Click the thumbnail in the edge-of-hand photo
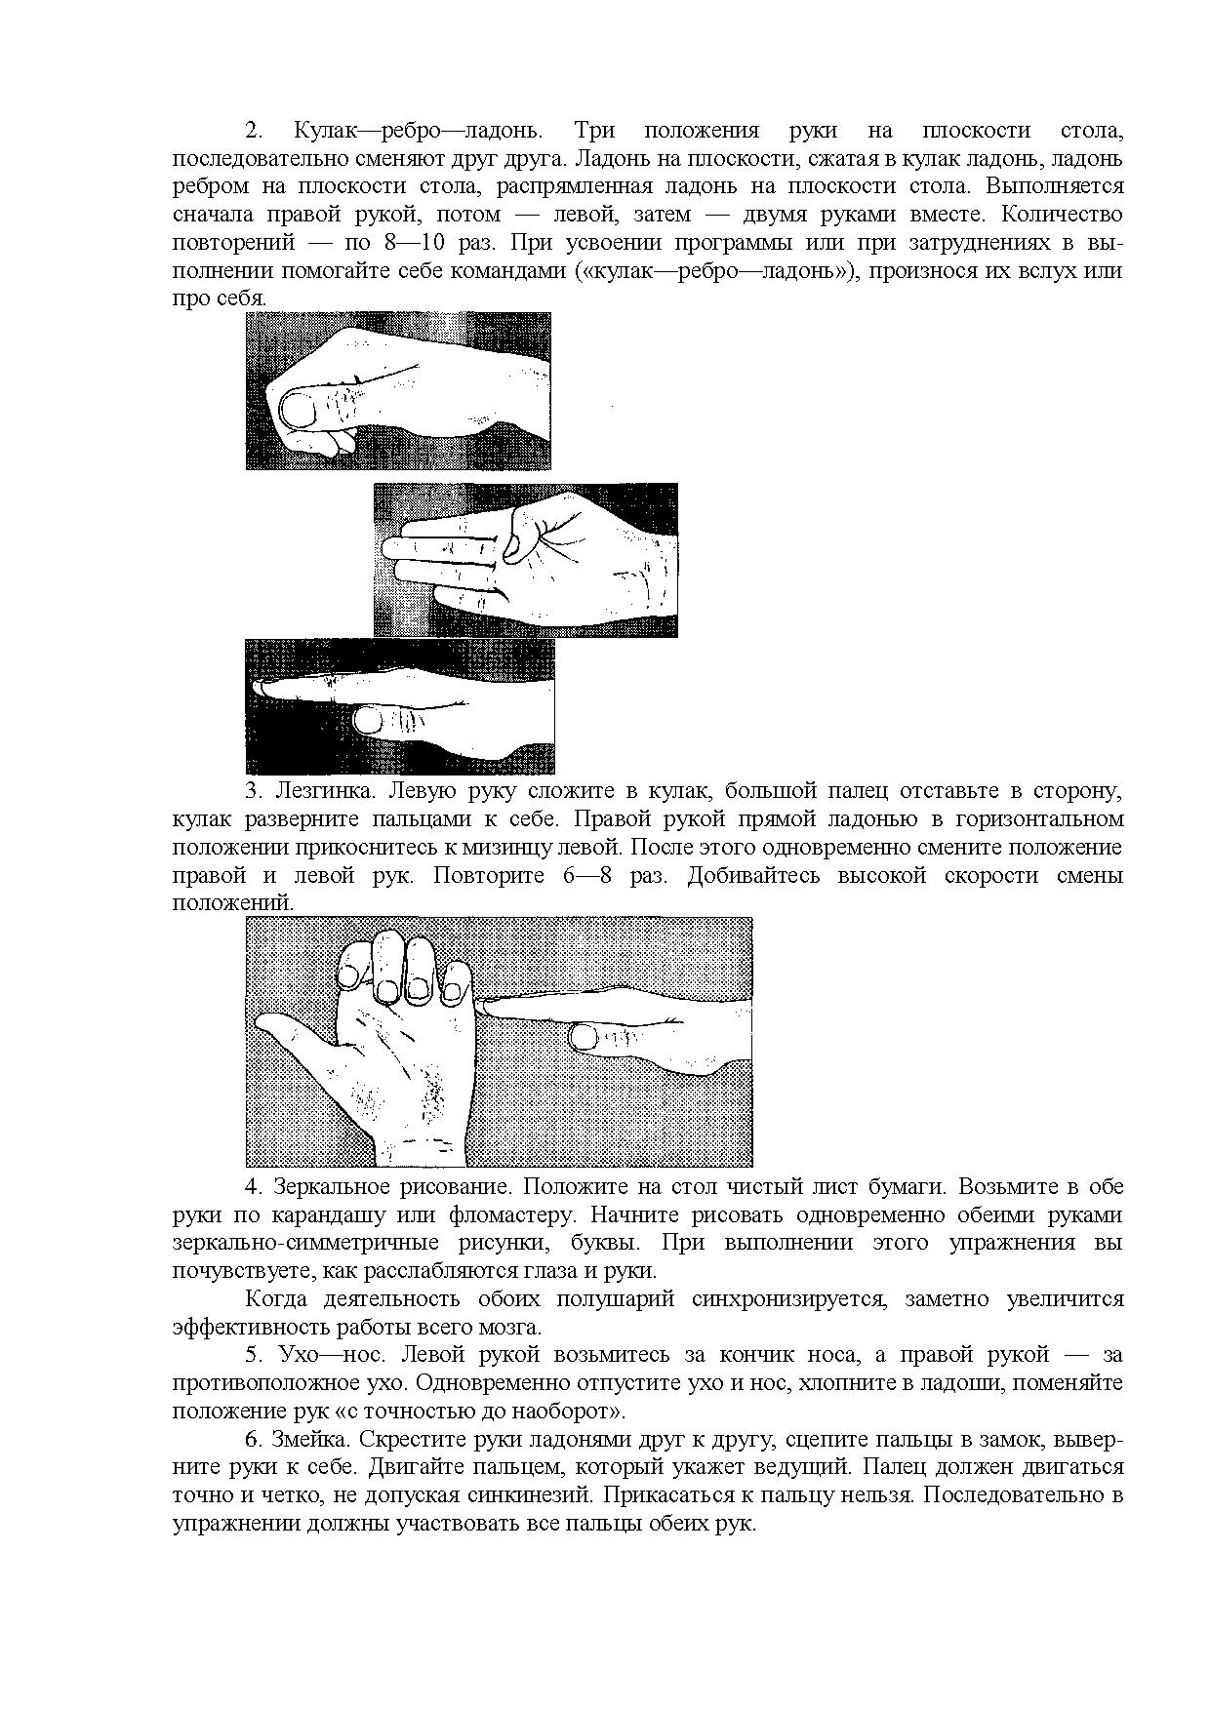point(369,721)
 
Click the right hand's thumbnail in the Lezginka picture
point(585,1036)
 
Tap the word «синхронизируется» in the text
point(792,1299)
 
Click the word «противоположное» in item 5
point(257,1383)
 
